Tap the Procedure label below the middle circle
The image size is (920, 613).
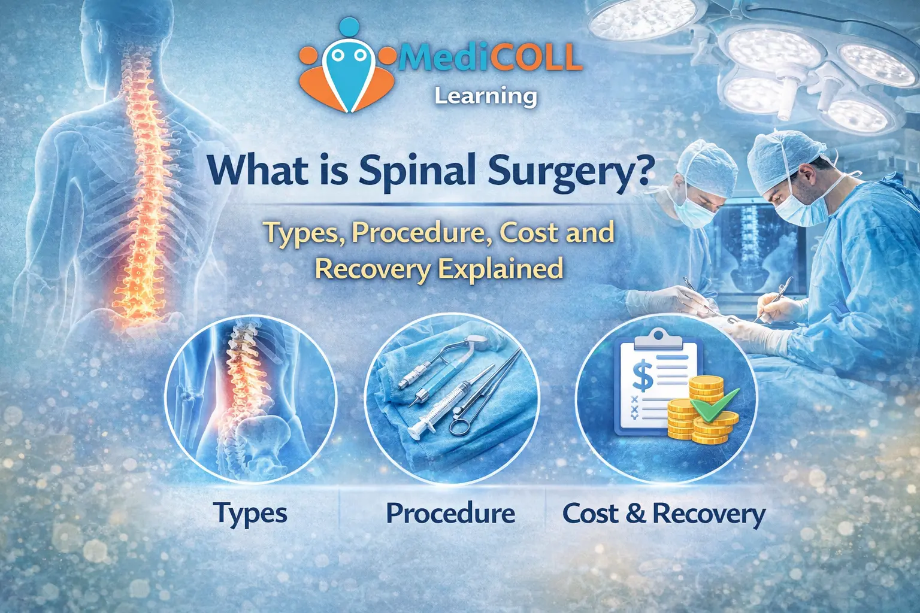tap(450, 513)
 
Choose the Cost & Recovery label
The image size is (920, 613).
tap(664, 514)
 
